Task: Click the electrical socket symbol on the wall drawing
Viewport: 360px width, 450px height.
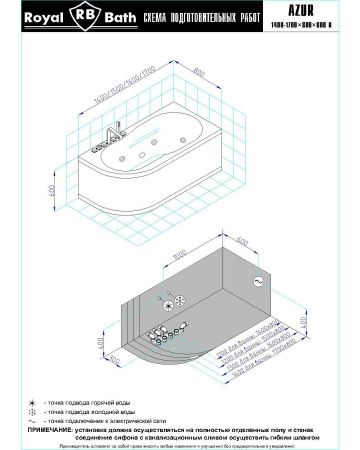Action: [258, 283]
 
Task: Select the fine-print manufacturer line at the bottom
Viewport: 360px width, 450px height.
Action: [180, 446]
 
